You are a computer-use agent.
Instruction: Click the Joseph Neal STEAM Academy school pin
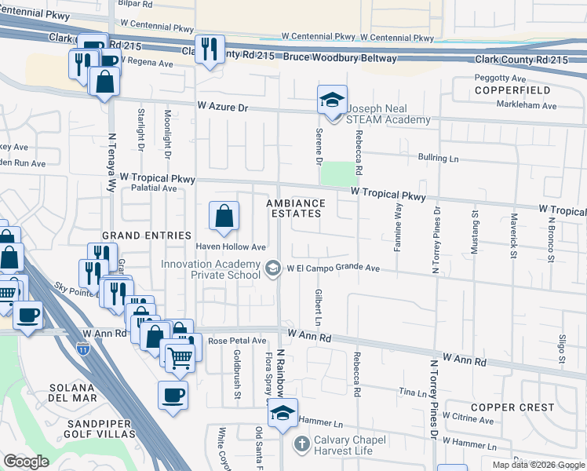pos(332,100)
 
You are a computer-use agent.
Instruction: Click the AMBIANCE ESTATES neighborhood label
pos(295,208)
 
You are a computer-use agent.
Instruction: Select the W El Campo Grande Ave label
pos(333,268)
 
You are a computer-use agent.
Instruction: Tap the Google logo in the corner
pos(25,462)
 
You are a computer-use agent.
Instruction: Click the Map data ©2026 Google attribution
pos(538,465)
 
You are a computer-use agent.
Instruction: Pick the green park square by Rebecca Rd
pos(337,173)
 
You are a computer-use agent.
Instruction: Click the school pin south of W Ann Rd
pos(283,414)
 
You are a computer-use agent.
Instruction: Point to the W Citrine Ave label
pos(468,420)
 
